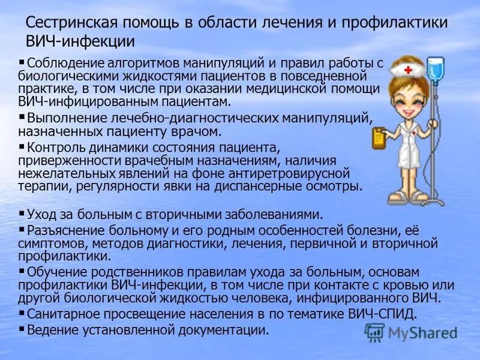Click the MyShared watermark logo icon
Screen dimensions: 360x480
point(375,333)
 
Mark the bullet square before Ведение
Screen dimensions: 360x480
point(22,328)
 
